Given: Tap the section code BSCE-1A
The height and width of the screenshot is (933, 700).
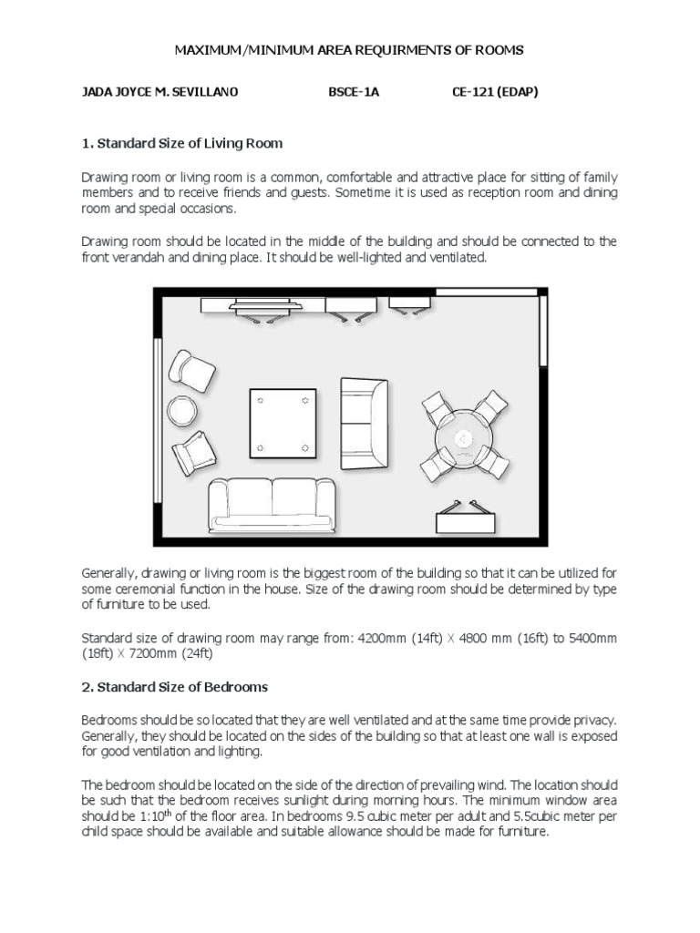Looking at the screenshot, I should pyautogui.click(x=353, y=93).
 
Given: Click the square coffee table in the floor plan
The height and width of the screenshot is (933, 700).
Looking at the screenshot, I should pyautogui.click(x=283, y=423).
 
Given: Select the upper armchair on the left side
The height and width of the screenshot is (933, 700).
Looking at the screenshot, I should pyautogui.click(x=192, y=370).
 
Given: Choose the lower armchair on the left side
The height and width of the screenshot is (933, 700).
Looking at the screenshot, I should pyautogui.click(x=192, y=453).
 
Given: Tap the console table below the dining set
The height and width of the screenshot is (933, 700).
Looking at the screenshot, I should pyautogui.click(x=466, y=520).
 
